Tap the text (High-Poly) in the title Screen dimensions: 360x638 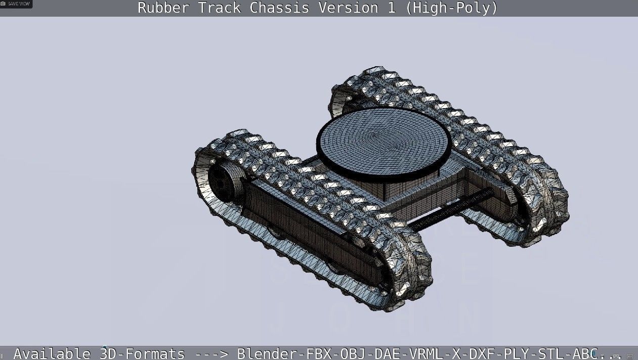[451, 8]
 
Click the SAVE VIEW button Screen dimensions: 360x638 [16, 4]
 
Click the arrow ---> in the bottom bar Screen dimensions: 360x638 [208, 353]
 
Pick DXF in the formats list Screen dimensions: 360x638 [481, 353]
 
